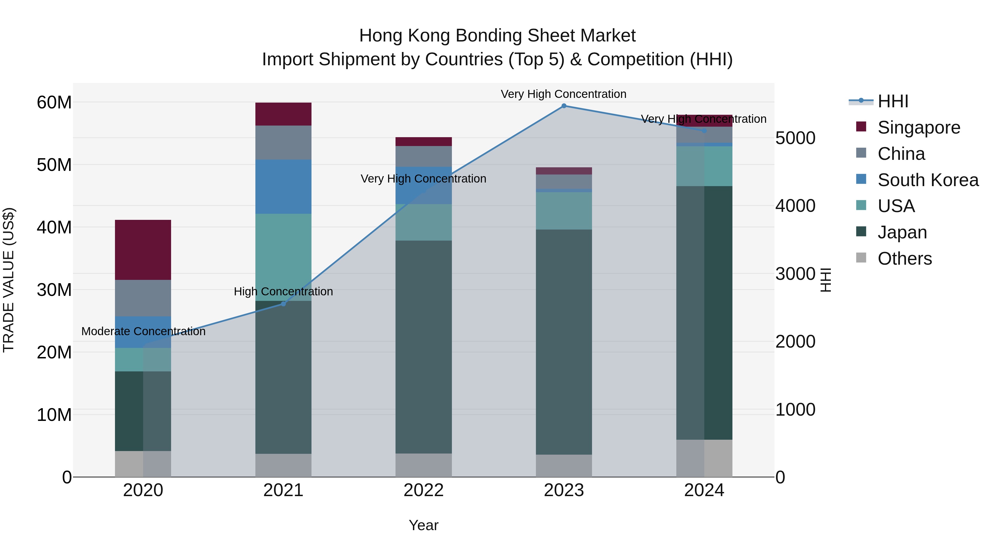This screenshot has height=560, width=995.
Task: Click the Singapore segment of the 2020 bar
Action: click(143, 250)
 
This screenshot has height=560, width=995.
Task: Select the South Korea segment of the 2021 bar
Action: click(283, 186)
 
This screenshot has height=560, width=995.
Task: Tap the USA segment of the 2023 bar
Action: click(564, 211)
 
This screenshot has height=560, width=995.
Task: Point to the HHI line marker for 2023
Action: click(564, 106)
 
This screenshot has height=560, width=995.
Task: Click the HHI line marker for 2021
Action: click(283, 304)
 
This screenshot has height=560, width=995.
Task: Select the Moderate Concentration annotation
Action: click(143, 331)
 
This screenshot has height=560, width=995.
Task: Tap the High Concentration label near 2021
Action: click(283, 291)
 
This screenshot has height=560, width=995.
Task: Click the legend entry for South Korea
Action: click(928, 180)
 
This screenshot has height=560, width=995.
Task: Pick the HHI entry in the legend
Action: click(893, 101)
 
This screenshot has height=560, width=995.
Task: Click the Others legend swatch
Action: click(861, 258)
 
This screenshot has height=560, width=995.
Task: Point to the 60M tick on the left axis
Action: click(54, 102)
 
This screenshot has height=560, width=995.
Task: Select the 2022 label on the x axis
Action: click(423, 490)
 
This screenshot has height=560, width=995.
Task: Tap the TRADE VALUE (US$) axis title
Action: click(9, 280)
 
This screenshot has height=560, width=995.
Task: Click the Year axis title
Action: click(423, 525)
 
